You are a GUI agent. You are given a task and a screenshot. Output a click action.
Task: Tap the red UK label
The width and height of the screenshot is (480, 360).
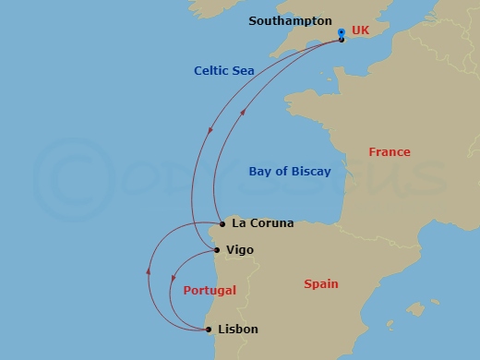(360, 30)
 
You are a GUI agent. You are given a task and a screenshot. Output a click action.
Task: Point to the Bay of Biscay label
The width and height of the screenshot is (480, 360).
(289, 171)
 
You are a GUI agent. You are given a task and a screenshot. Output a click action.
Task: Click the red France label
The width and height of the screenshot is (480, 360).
(389, 151)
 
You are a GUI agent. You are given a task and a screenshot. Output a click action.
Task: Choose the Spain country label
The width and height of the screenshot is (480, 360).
(321, 284)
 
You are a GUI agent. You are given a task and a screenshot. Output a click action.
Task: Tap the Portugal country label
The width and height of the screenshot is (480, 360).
(210, 290)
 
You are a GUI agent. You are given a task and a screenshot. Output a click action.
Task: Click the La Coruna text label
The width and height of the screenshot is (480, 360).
(263, 222)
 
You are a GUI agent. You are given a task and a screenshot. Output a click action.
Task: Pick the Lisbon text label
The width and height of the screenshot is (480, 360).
(238, 329)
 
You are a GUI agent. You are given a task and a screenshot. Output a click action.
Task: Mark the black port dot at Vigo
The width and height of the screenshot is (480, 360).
(216, 249)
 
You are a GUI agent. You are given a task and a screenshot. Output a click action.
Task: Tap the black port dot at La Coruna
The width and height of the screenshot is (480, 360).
(222, 223)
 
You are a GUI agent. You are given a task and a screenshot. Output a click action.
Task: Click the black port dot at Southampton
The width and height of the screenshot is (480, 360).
(342, 39)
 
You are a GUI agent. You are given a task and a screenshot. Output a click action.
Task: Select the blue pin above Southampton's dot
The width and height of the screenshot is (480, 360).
(341, 31)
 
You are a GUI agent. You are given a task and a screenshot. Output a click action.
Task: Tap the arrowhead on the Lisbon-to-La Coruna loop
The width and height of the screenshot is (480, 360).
(149, 271)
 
